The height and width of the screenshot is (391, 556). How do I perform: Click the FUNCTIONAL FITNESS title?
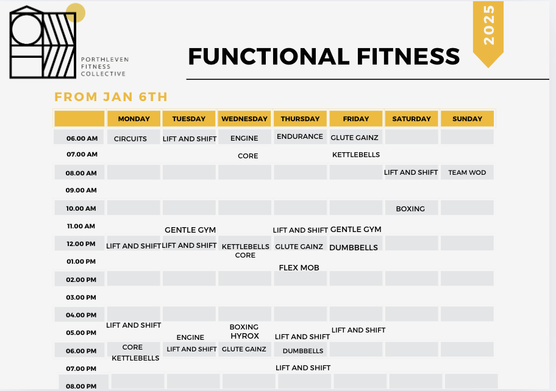(x=323, y=57)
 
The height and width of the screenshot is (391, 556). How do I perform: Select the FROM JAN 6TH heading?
(x=110, y=97)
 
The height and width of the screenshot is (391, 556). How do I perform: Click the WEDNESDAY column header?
(x=244, y=119)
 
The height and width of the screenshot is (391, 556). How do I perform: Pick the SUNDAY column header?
(x=468, y=119)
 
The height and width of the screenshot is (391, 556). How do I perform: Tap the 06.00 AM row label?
(x=82, y=138)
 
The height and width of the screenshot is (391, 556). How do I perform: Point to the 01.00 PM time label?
(x=82, y=261)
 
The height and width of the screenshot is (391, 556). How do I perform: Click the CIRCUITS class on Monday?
(x=130, y=139)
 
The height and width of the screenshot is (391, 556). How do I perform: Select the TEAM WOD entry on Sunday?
(x=467, y=172)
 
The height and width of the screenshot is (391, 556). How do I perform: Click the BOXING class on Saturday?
(x=410, y=209)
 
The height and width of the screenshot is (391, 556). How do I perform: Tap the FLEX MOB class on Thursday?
(x=299, y=268)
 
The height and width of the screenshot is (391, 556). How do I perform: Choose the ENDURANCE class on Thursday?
(x=300, y=136)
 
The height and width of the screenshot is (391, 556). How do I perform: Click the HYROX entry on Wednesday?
(x=244, y=336)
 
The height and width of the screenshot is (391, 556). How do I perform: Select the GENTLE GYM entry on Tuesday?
(x=190, y=230)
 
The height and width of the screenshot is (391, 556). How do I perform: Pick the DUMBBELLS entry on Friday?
(x=354, y=248)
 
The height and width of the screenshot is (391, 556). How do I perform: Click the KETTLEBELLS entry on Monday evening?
(x=135, y=358)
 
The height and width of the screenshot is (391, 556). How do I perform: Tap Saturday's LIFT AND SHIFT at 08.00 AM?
(x=411, y=172)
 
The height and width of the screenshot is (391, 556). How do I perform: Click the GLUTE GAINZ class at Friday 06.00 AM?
(x=354, y=138)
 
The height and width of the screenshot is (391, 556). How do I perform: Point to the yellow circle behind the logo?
(x=76, y=12)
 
